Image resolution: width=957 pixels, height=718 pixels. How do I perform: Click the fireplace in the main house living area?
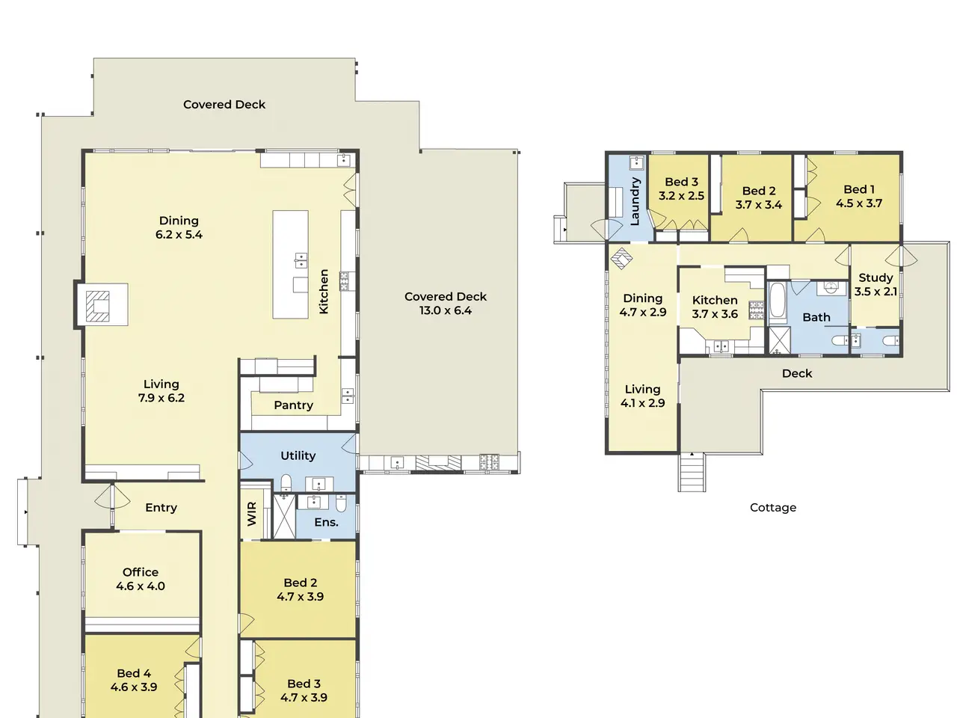(x=98, y=306)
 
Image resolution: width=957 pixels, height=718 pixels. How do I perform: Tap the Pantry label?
(x=293, y=405)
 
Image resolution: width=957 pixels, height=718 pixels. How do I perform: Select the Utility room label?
(x=298, y=455)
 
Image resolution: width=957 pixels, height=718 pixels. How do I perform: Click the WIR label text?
(x=252, y=514)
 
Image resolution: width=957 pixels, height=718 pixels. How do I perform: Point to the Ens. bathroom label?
(x=326, y=522)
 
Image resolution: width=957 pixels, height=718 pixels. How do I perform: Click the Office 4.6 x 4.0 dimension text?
(x=141, y=586)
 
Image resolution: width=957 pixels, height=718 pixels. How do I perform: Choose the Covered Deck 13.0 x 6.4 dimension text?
(x=445, y=310)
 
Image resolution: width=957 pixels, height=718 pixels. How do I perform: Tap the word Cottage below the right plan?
(x=773, y=507)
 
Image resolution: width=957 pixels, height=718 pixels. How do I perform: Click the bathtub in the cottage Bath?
(x=777, y=301)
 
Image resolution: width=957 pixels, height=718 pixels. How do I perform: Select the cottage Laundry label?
(x=635, y=201)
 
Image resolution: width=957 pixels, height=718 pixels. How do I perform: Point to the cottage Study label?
(x=876, y=277)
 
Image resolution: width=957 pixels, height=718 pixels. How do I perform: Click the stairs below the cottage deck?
(x=692, y=472)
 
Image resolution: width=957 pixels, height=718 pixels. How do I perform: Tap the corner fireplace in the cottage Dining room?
(x=621, y=259)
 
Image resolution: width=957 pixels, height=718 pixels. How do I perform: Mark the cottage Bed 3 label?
(x=681, y=182)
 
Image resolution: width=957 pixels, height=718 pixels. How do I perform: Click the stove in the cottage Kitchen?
(x=757, y=310)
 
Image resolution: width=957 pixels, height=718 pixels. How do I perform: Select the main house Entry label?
(x=161, y=508)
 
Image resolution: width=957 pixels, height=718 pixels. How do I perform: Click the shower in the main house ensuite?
(x=284, y=516)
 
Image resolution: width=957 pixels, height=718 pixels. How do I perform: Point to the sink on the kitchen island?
(x=301, y=261)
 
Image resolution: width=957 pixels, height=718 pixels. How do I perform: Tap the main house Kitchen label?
(x=324, y=291)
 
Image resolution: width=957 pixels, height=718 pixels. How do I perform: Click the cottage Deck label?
(x=797, y=374)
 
